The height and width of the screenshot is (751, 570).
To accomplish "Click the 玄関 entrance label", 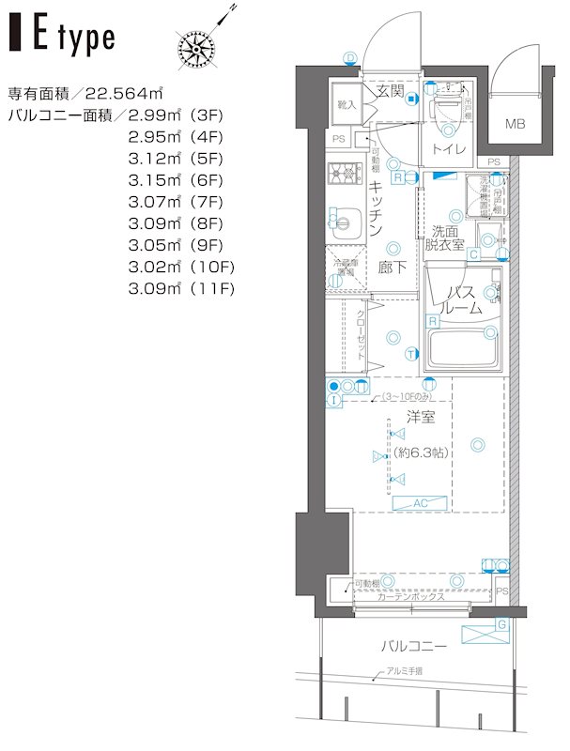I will [x=390, y=91].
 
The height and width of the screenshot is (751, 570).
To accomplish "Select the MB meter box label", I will [x=516, y=124].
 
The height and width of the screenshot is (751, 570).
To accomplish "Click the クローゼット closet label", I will [x=360, y=335].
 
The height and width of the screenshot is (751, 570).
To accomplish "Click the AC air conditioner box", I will [x=420, y=504].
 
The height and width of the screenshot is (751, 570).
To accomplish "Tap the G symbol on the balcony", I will [x=501, y=624].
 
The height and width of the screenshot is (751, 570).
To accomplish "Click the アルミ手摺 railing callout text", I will [x=404, y=671].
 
